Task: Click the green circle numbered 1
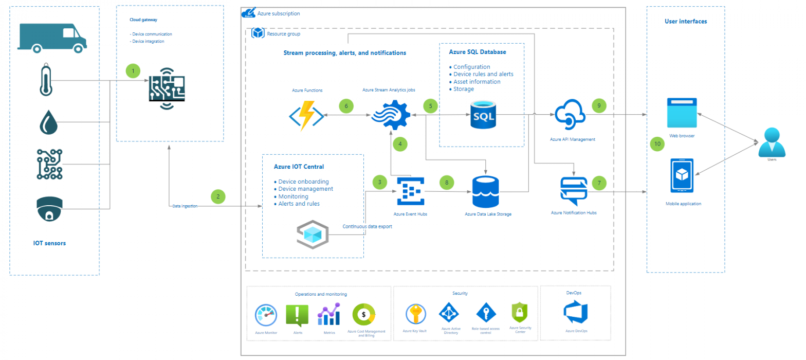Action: [x=133, y=70]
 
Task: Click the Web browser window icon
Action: [x=682, y=113]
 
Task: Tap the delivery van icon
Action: [x=51, y=38]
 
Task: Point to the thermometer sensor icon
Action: [x=46, y=80]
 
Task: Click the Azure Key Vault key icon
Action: [x=414, y=314]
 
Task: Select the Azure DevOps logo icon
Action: [x=576, y=312]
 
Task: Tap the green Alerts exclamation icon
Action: [x=297, y=315]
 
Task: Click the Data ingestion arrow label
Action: [x=184, y=206]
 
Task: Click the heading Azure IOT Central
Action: [x=299, y=167]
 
